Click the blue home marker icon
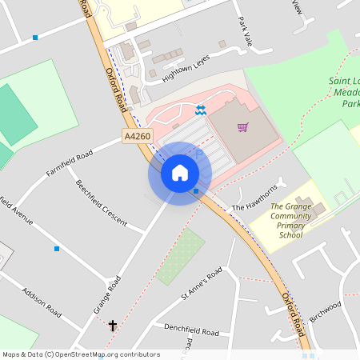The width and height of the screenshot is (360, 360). [180, 173]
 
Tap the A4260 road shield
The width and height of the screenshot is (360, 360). [138, 138]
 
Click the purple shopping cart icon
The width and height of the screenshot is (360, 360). [242, 126]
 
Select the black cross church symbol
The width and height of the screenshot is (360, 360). [113, 326]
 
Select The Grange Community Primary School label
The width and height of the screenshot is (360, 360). [290, 220]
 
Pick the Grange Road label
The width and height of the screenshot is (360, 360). [106, 294]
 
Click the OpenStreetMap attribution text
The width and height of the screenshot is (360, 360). [82, 354]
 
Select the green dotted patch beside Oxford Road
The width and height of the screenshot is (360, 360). [181, 256]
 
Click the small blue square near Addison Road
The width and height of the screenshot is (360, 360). [57, 249]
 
